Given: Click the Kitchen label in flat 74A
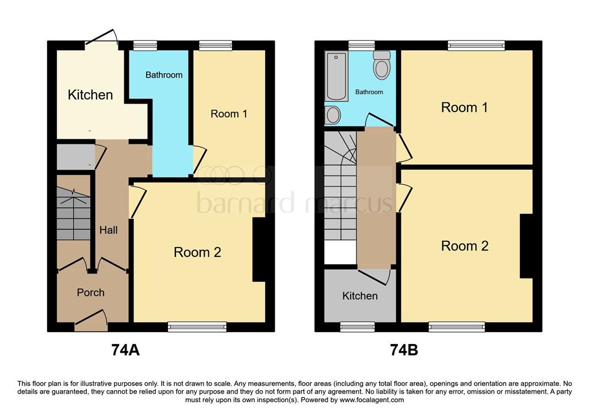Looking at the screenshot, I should point(90,95).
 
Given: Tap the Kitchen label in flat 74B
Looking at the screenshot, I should point(360,296).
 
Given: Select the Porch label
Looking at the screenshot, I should point(91,292).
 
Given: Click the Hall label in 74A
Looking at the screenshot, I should point(108,230).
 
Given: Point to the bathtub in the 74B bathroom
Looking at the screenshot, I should point(336,76).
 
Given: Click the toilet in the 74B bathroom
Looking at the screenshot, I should point(381,65).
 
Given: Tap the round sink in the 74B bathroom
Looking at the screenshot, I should point(332,115).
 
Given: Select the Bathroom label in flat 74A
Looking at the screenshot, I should point(164,75).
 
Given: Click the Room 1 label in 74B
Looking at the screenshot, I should point(464,108).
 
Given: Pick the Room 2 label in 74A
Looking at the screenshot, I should point(197,252).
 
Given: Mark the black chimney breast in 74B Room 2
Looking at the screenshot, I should point(526,246).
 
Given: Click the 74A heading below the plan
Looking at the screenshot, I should point(125,350).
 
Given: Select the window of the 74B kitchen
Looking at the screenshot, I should point(357,327).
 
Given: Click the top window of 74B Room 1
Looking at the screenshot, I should point(476,45).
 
